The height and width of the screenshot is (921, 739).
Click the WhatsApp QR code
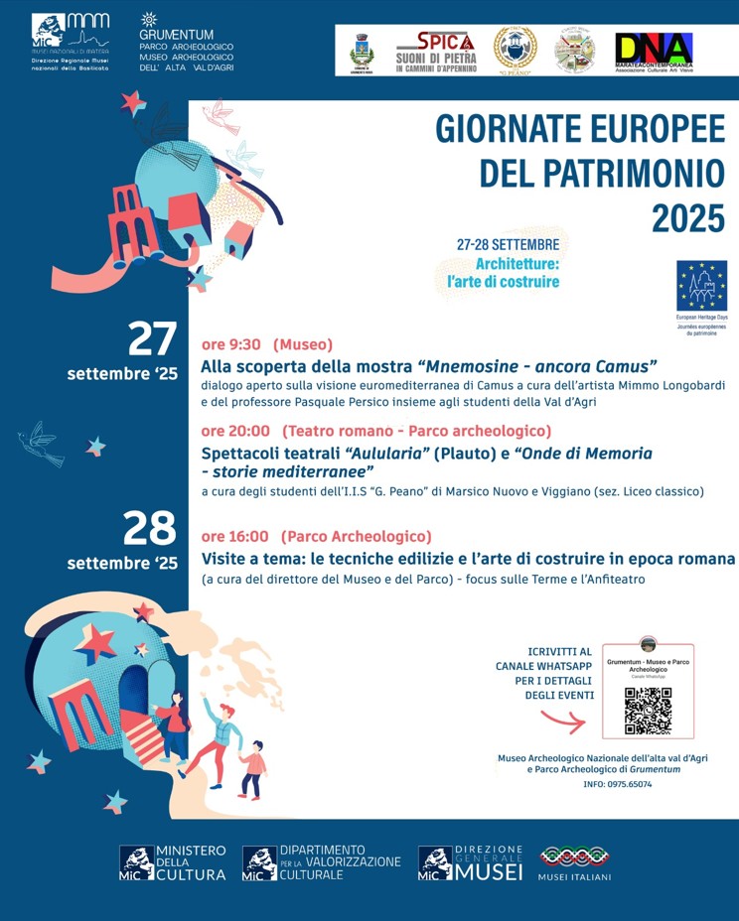coord(648,711)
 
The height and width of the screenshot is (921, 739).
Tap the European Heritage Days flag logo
coord(701,287)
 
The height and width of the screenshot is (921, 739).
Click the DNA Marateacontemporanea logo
coord(654,51)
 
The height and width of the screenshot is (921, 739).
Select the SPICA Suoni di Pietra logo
coord(436,51)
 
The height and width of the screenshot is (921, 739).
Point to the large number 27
coord(152,339)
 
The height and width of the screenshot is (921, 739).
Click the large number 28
coord(150,530)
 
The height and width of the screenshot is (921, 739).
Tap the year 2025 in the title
coord(688,217)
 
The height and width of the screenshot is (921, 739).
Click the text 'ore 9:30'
coord(231,344)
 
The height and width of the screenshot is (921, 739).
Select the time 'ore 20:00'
coord(235,431)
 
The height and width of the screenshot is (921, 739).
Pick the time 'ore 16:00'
coord(235,537)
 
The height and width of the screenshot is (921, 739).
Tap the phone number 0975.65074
coord(630,784)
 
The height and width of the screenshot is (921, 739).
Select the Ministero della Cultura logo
coord(173,862)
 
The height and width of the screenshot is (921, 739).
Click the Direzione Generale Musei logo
coord(470,862)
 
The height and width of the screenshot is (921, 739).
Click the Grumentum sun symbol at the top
coord(149,19)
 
